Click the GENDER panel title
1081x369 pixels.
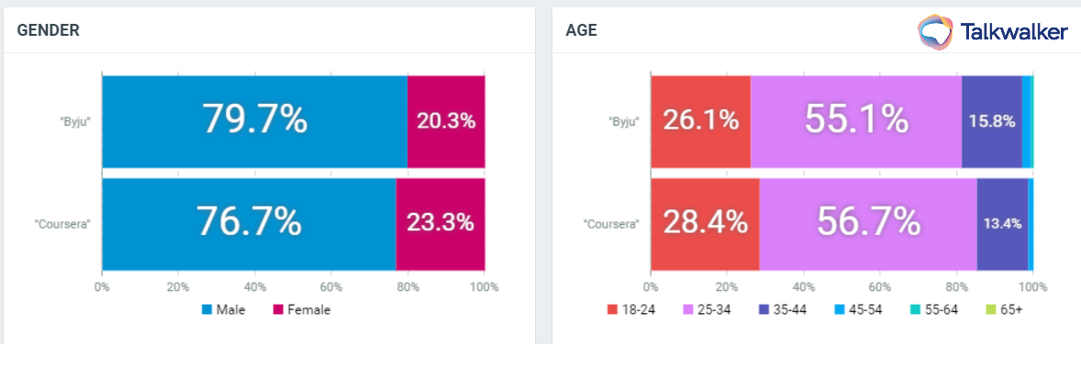click(48, 30)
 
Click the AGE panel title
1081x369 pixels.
click(582, 30)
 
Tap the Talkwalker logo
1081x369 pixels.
click(993, 32)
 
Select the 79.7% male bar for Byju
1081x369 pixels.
click(254, 120)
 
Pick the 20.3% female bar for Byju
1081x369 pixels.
click(446, 120)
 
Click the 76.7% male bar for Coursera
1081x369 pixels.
click(249, 222)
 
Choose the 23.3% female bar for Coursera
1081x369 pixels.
click(440, 222)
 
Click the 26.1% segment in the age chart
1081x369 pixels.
click(700, 120)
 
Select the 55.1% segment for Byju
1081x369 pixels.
click(856, 120)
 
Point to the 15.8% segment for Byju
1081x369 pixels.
click(991, 120)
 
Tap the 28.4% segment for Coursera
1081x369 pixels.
click(705, 222)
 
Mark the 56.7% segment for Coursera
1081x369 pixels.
click(868, 222)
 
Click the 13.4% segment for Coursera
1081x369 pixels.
click(1002, 222)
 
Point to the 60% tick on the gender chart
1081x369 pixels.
click(331, 286)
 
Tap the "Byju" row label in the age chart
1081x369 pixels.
click(624, 121)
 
